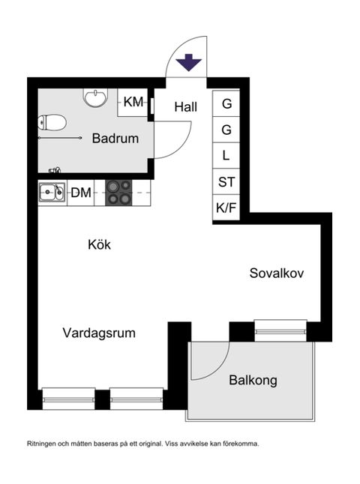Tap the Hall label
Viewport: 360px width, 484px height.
click(185, 107)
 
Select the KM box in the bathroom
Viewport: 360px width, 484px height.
click(133, 102)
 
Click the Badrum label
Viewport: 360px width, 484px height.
click(115, 138)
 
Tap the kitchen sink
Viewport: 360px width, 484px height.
click(51, 193)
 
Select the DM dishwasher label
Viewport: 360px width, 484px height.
click(81, 193)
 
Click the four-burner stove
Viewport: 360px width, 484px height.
click(118, 193)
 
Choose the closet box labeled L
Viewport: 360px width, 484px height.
click(226, 156)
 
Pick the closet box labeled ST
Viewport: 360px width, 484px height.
click(226, 182)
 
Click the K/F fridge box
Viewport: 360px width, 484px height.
click(226, 208)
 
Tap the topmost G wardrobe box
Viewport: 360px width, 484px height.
click(226, 104)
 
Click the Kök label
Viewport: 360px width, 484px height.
click(99, 244)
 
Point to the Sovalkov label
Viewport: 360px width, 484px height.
click(277, 273)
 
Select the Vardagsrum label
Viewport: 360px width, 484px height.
click(99, 333)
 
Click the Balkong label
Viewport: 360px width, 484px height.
click(253, 380)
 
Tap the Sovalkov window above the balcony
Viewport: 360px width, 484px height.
click(280, 327)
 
